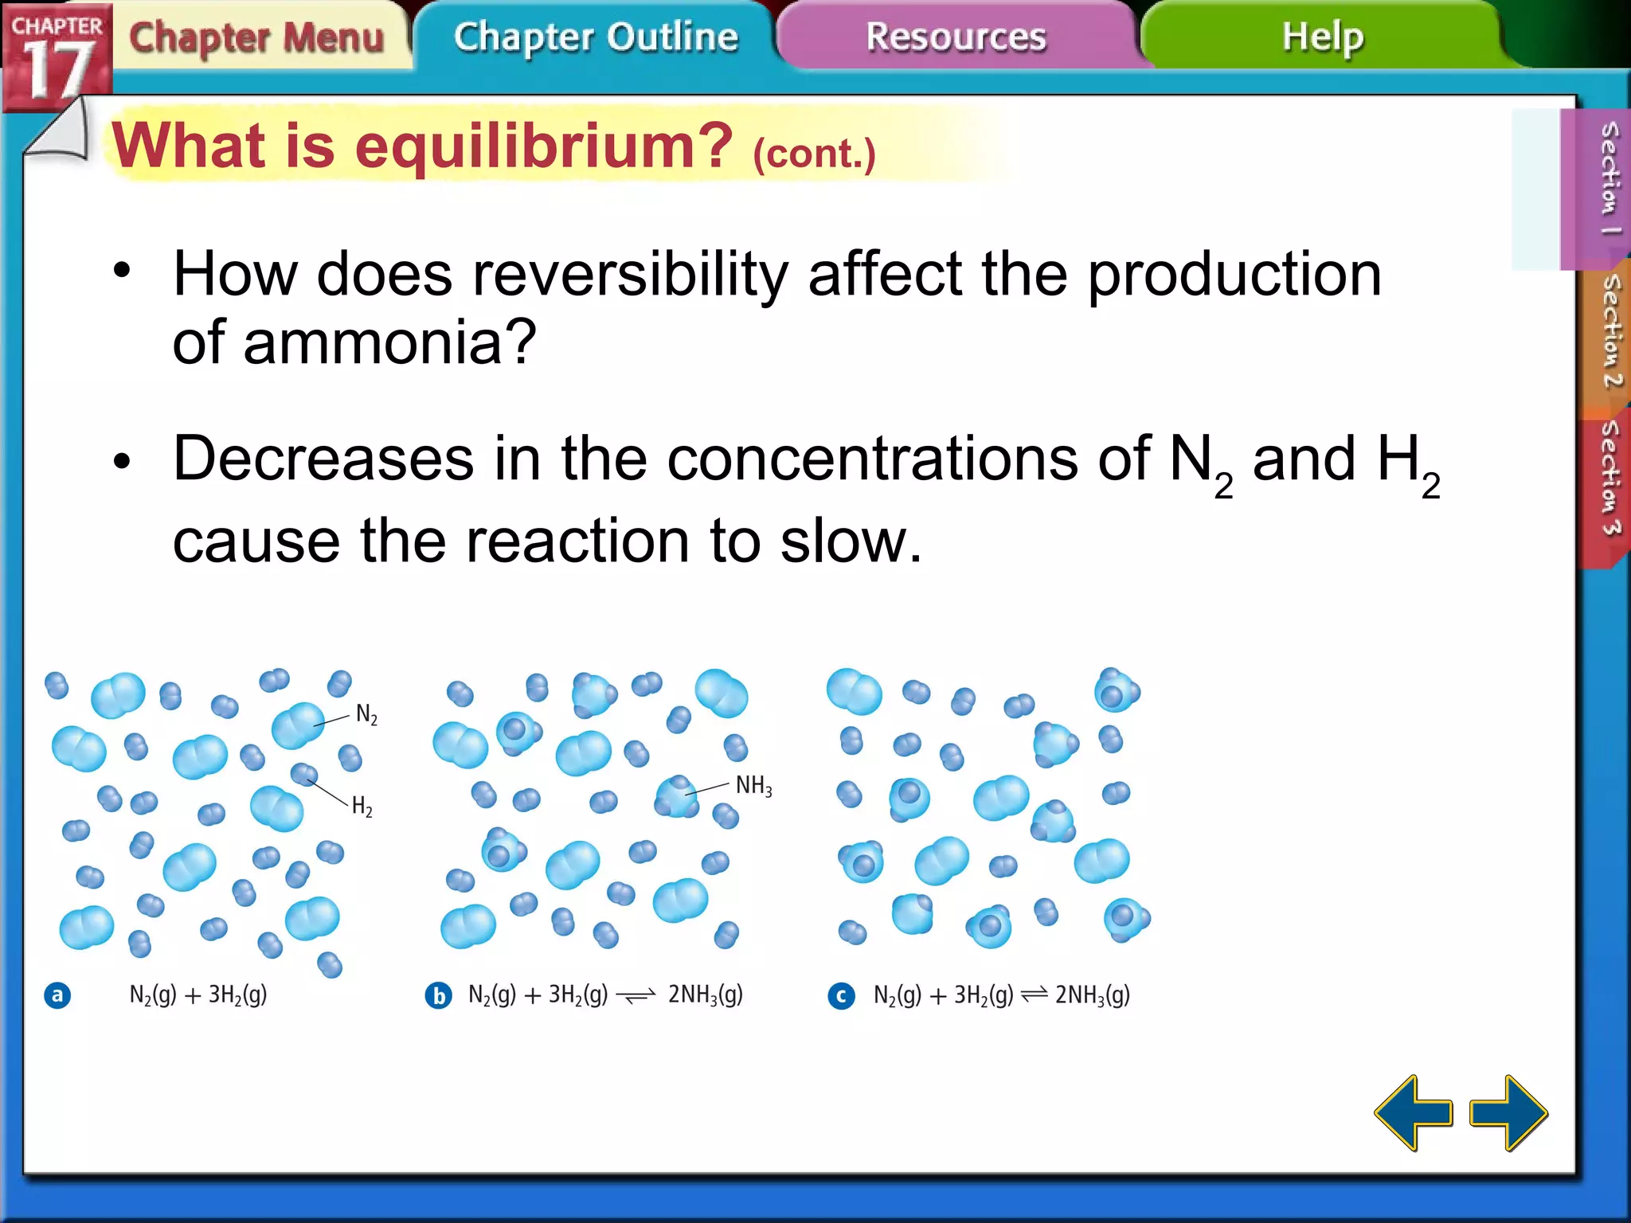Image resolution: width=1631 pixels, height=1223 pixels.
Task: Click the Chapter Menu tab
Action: (x=256, y=37)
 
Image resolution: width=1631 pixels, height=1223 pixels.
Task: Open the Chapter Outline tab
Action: (x=596, y=37)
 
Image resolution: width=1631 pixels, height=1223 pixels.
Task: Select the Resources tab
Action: (x=956, y=37)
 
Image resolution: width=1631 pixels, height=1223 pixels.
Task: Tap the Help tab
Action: (x=1322, y=37)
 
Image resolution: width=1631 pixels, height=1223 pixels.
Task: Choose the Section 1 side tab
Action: (x=1608, y=179)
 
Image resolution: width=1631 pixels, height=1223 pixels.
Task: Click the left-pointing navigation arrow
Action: (x=1414, y=1112)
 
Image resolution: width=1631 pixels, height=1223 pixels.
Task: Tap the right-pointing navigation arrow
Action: (x=1508, y=1112)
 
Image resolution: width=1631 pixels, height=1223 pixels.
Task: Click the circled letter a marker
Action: (x=57, y=995)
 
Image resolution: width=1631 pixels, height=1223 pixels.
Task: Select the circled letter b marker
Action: (x=438, y=995)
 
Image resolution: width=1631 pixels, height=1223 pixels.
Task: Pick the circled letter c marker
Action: (x=841, y=995)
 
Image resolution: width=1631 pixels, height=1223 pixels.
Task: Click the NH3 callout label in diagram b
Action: (x=753, y=786)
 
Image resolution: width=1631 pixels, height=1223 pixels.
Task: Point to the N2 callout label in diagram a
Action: (x=366, y=714)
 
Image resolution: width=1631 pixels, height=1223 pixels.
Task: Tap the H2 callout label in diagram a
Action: (x=362, y=807)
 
